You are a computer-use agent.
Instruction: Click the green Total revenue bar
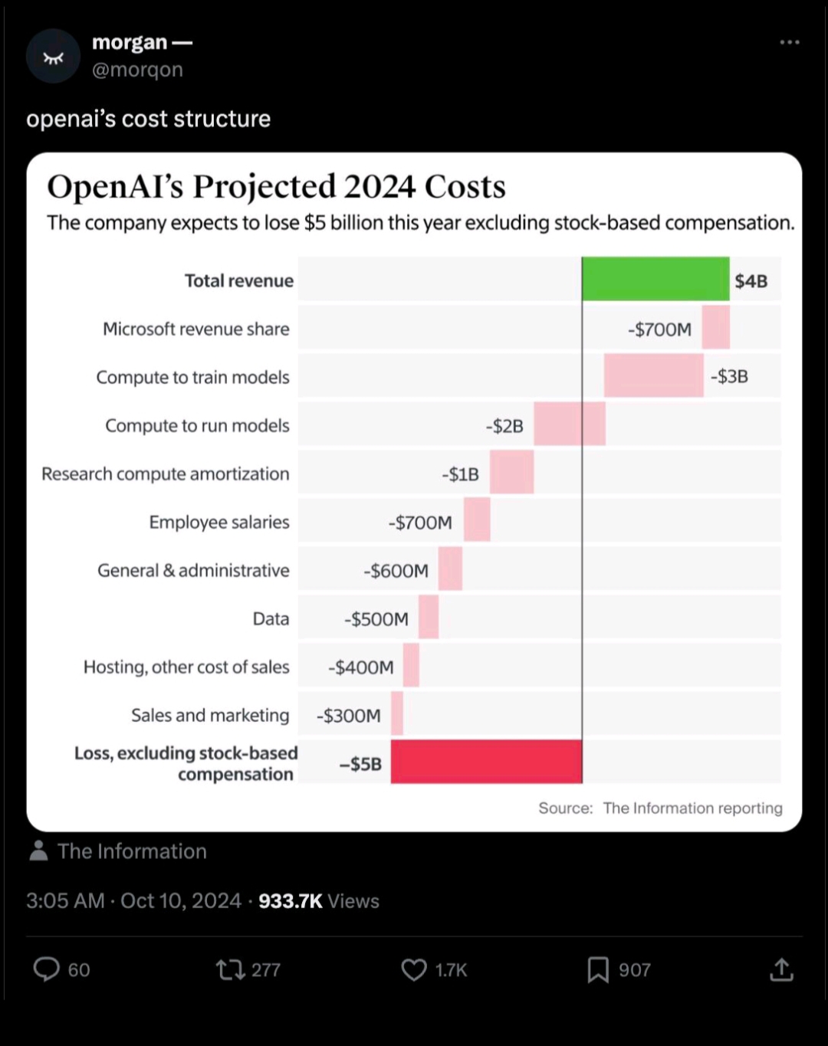pos(655,279)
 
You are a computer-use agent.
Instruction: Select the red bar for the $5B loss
pos(486,762)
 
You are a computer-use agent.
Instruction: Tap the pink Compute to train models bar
pos(653,375)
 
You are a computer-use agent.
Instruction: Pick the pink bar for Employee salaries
pos(477,520)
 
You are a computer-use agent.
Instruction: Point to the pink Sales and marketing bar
pos(397,713)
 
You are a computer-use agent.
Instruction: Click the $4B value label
pos(751,281)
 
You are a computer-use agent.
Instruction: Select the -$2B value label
pos(504,426)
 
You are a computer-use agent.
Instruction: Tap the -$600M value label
pos(396,571)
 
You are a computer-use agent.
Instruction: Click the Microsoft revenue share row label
pos(196,329)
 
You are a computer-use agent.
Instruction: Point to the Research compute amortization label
pos(166,474)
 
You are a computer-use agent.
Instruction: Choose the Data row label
pos(271,618)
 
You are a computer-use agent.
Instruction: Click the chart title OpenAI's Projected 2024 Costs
pos(276,186)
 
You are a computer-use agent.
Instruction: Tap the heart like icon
pos(414,969)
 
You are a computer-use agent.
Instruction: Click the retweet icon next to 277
pos(230,969)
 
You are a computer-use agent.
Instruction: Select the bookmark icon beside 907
pos(598,969)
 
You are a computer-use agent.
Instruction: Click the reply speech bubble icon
pos(47,969)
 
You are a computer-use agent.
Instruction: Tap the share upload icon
pos(781,969)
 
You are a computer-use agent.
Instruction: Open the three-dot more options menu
pos(790,42)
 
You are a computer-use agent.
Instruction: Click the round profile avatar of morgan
pos(53,57)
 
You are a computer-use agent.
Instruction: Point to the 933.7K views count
pos(291,901)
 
